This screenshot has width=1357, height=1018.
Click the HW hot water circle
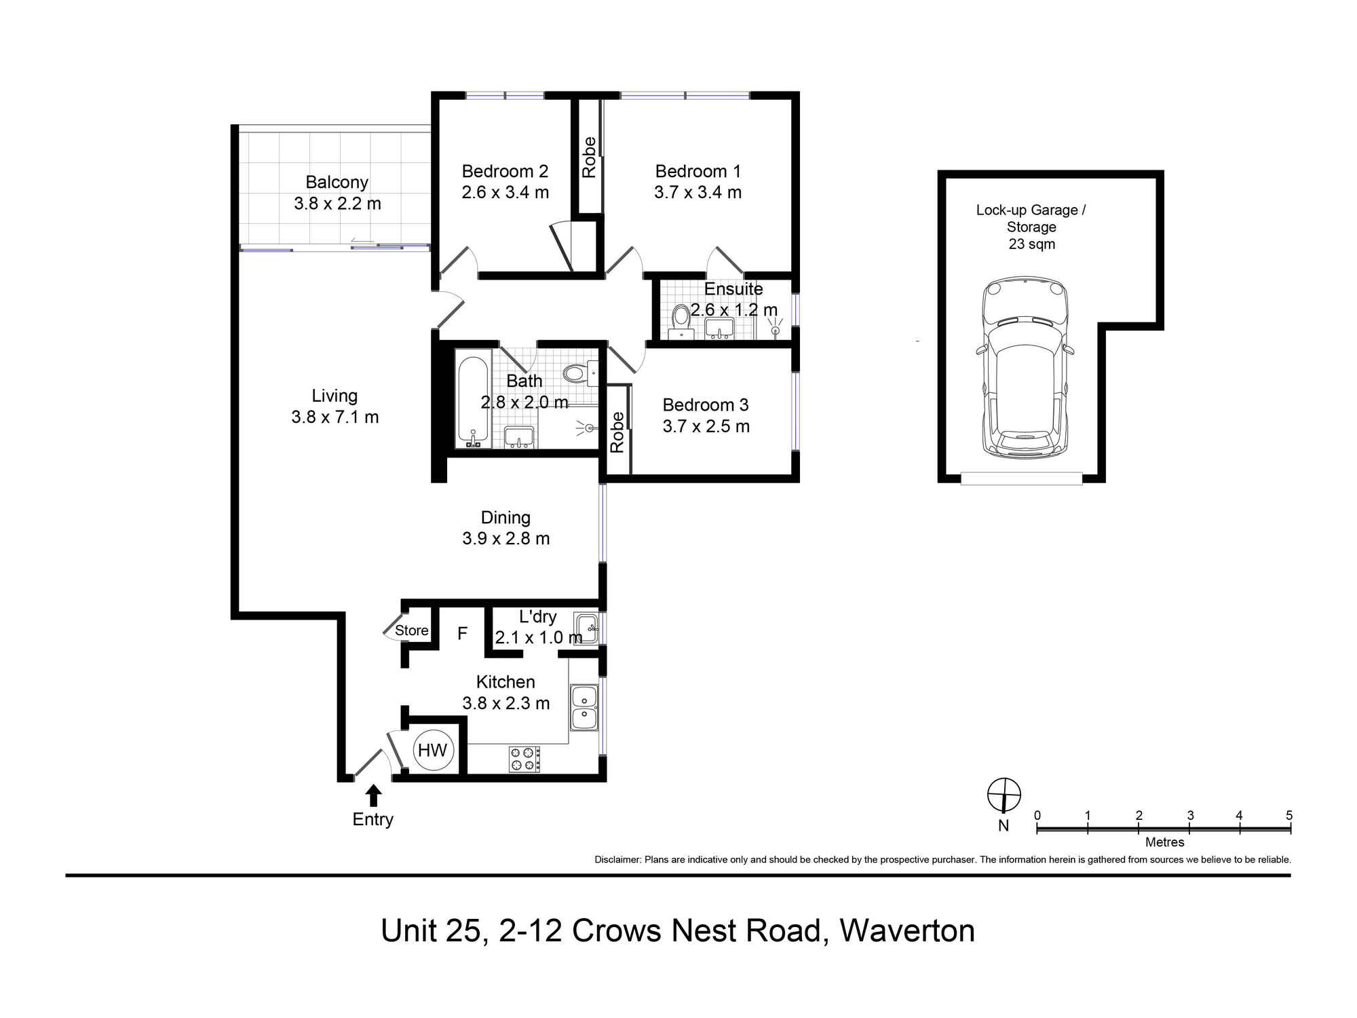(x=432, y=750)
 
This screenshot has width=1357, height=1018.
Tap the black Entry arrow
(x=373, y=795)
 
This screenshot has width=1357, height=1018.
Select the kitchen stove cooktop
(x=524, y=759)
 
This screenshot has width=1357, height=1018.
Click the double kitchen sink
(x=584, y=707)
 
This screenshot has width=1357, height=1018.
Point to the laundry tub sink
(x=586, y=628)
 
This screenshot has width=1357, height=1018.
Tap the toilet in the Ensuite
(x=681, y=318)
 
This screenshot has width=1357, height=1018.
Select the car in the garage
(x=1025, y=366)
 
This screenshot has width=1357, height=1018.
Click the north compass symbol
(x=1004, y=795)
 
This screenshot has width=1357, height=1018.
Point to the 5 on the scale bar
(x=1288, y=815)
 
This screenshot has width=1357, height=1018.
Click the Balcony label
(x=337, y=182)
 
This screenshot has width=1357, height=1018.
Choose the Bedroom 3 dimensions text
(x=706, y=426)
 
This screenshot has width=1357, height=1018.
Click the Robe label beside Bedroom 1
(x=589, y=157)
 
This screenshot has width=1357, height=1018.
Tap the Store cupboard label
(x=411, y=630)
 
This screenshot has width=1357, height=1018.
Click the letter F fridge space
(x=462, y=634)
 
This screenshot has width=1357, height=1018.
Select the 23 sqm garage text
(x=1031, y=244)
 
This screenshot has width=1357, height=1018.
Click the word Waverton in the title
(x=907, y=930)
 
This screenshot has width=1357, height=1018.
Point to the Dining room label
(x=505, y=518)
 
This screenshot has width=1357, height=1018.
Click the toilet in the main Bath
(x=575, y=373)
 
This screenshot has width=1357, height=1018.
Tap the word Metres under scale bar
(x=1164, y=842)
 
